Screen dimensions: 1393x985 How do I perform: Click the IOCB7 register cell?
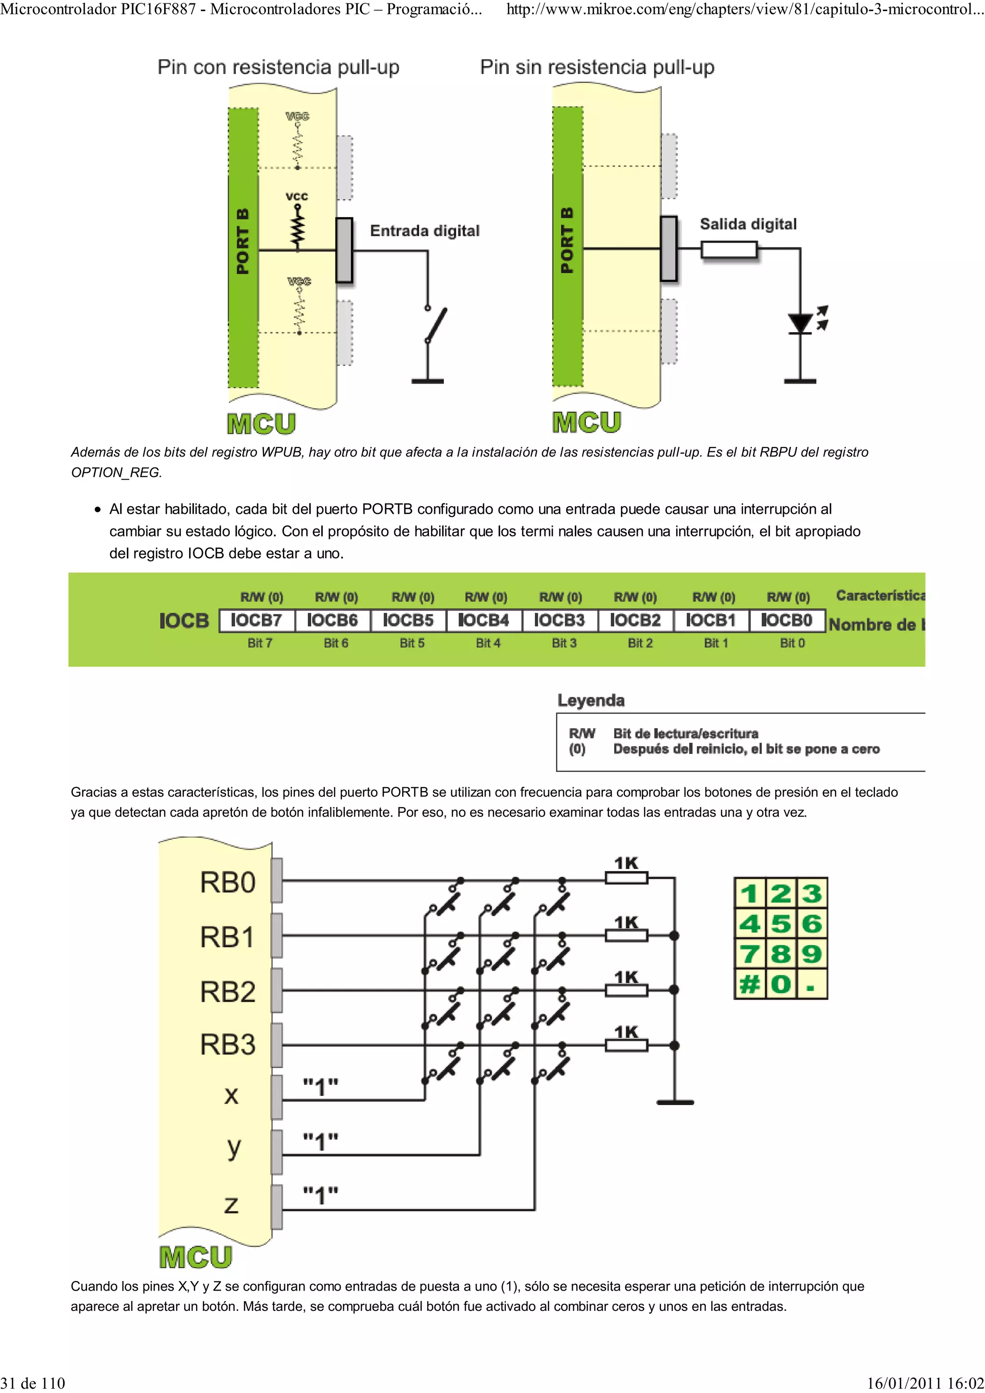(257, 620)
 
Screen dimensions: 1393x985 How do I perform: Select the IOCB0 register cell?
(787, 620)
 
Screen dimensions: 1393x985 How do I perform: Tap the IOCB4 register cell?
(484, 620)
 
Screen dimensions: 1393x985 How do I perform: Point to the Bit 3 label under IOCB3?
(564, 643)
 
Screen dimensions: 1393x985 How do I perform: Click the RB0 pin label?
(227, 882)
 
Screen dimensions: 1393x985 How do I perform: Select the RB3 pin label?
(227, 1045)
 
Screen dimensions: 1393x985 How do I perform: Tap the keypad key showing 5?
(781, 924)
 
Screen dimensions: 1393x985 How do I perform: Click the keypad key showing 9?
(811, 954)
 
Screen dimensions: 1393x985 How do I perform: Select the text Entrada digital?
(424, 231)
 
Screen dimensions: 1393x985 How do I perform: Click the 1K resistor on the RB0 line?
(626, 878)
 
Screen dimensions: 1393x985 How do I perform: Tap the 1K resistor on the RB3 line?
(626, 1045)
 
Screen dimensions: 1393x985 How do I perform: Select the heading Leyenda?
(591, 700)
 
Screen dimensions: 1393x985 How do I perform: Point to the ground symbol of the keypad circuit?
(675, 1102)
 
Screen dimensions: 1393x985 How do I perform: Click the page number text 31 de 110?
(33, 1383)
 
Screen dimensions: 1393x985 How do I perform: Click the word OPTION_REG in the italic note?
(116, 473)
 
